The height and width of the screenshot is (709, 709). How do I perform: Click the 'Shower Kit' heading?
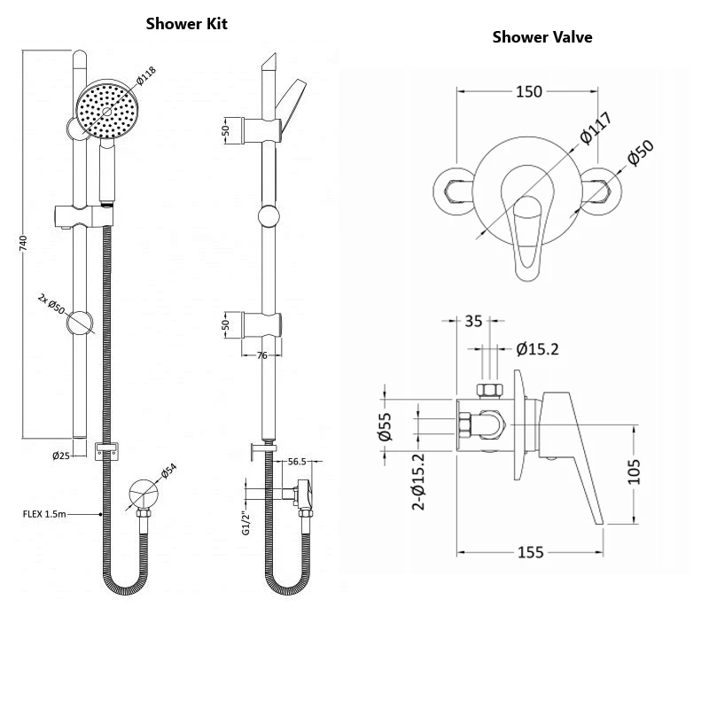pyautogui.click(x=186, y=24)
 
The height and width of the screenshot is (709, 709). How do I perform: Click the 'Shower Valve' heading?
pyautogui.click(x=541, y=37)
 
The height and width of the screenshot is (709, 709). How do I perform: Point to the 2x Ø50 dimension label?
pyautogui.click(x=51, y=306)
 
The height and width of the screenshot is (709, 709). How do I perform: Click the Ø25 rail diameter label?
pyautogui.click(x=61, y=456)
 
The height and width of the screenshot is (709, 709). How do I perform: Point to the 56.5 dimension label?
pyautogui.click(x=297, y=462)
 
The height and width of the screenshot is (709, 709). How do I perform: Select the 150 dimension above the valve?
pyautogui.click(x=530, y=91)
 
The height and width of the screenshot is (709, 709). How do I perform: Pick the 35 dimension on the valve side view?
pyautogui.click(x=475, y=321)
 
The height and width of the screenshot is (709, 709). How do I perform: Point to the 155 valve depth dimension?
pyautogui.click(x=529, y=553)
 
